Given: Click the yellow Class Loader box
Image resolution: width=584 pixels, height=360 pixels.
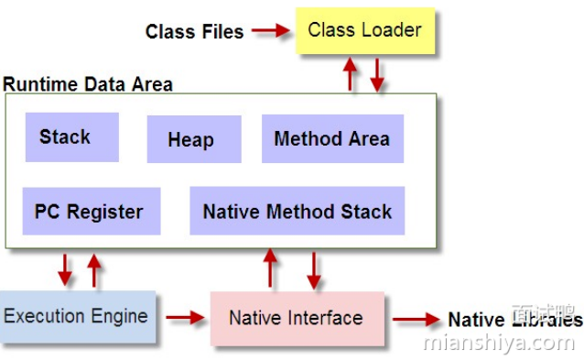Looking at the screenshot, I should (x=364, y=30).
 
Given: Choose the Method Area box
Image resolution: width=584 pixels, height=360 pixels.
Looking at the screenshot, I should (x=332, y=139).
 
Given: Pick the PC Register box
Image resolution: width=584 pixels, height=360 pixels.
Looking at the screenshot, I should (x=91, y=212).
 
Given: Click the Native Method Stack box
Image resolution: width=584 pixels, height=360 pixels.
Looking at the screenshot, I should (x=297, y=212).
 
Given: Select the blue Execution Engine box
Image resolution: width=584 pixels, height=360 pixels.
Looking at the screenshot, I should (x=77, y=317).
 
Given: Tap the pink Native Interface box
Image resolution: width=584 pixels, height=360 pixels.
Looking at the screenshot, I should (x=297, y=319).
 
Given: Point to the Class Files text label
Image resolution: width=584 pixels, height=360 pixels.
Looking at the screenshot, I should (x=194, y=32).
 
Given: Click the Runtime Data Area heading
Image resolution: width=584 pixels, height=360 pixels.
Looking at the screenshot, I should (x=88, y=84).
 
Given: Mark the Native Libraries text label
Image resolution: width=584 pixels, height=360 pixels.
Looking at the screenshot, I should (x=514, y=320).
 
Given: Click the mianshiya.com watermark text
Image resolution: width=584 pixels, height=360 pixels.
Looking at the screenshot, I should (x=499, y=343).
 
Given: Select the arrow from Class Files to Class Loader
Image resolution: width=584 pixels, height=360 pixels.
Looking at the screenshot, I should (x=270, y=31).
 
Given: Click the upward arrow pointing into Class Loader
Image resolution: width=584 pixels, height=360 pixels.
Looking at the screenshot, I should (x=350, y=74).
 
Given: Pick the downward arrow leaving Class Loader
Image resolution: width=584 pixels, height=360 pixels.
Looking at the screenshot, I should (x=375, y=75).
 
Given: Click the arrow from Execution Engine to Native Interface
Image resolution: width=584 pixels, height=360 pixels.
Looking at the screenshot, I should (x=185, y=318).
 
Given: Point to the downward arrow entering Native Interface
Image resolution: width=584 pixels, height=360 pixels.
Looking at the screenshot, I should (x=314, y=269).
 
